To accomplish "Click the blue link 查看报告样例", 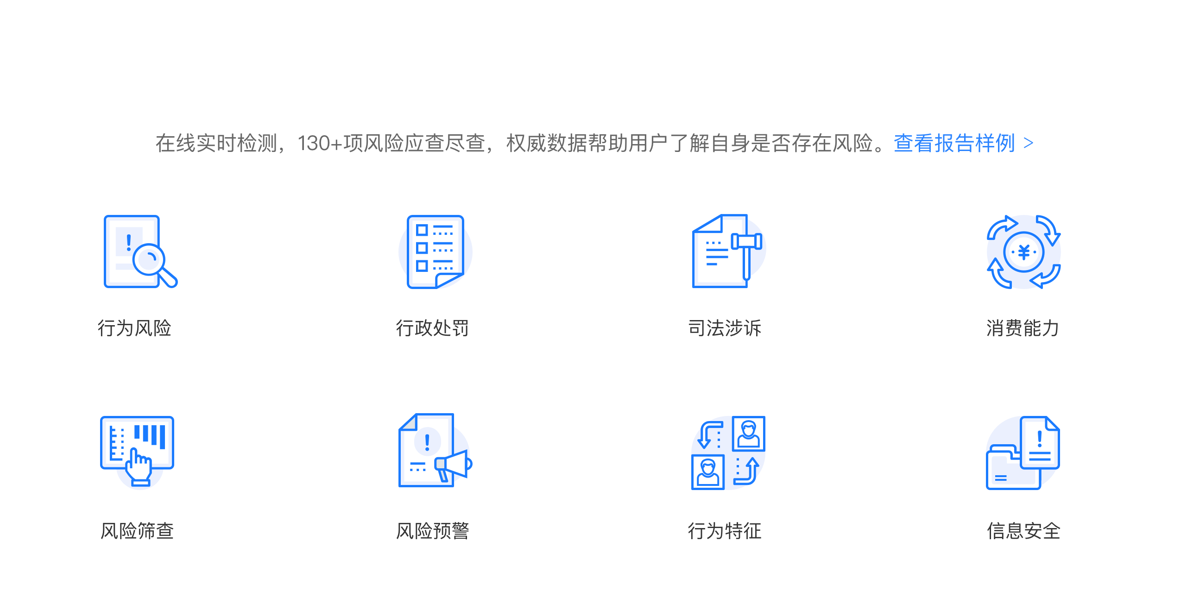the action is point(954,143).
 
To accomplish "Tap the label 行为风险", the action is point(134,328).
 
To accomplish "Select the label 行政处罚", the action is point(432,328).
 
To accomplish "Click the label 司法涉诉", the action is point(725,328).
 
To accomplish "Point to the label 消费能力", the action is point(1023,328).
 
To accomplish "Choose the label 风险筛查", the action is point(137,531).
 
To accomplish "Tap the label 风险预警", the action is point(432,531).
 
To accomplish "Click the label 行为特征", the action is point(725,531).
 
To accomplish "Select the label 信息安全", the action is point(1023,531).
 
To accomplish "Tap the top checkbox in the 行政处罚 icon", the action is point(422,230).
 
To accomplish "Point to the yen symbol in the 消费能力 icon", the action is point(1024,252).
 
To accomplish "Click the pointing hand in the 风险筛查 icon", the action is point(139,466).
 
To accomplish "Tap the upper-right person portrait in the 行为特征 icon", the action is point(749,434).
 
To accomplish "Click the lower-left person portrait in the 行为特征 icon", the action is point(708,472).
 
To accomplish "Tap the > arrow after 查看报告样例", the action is point(1029,143).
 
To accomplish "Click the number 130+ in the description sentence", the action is point(320,143).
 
